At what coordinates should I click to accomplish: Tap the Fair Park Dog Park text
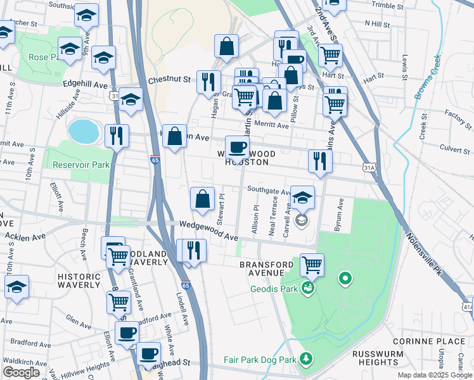(260, 360)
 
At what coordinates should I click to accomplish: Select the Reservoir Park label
(81, 165)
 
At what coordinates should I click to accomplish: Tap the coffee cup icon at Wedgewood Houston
(238, 148)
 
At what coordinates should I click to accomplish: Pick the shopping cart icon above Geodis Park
(312, 264)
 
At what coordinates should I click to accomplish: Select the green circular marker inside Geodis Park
(345, 277)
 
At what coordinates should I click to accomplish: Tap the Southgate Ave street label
(269, 189)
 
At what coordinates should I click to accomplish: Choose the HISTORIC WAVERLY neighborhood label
(79, 282)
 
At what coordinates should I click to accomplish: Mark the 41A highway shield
(467, 307)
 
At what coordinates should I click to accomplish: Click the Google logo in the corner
(22, 372)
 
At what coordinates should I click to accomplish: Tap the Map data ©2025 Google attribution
(435, 375)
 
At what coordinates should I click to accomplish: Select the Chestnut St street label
(169, 80)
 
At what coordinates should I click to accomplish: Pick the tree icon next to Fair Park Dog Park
(307, 360)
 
